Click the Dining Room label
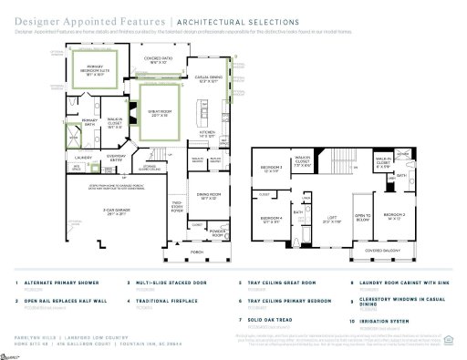[x=208, y=197]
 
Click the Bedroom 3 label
[x=271, y=169]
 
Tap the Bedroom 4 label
[x=269, y=219]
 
